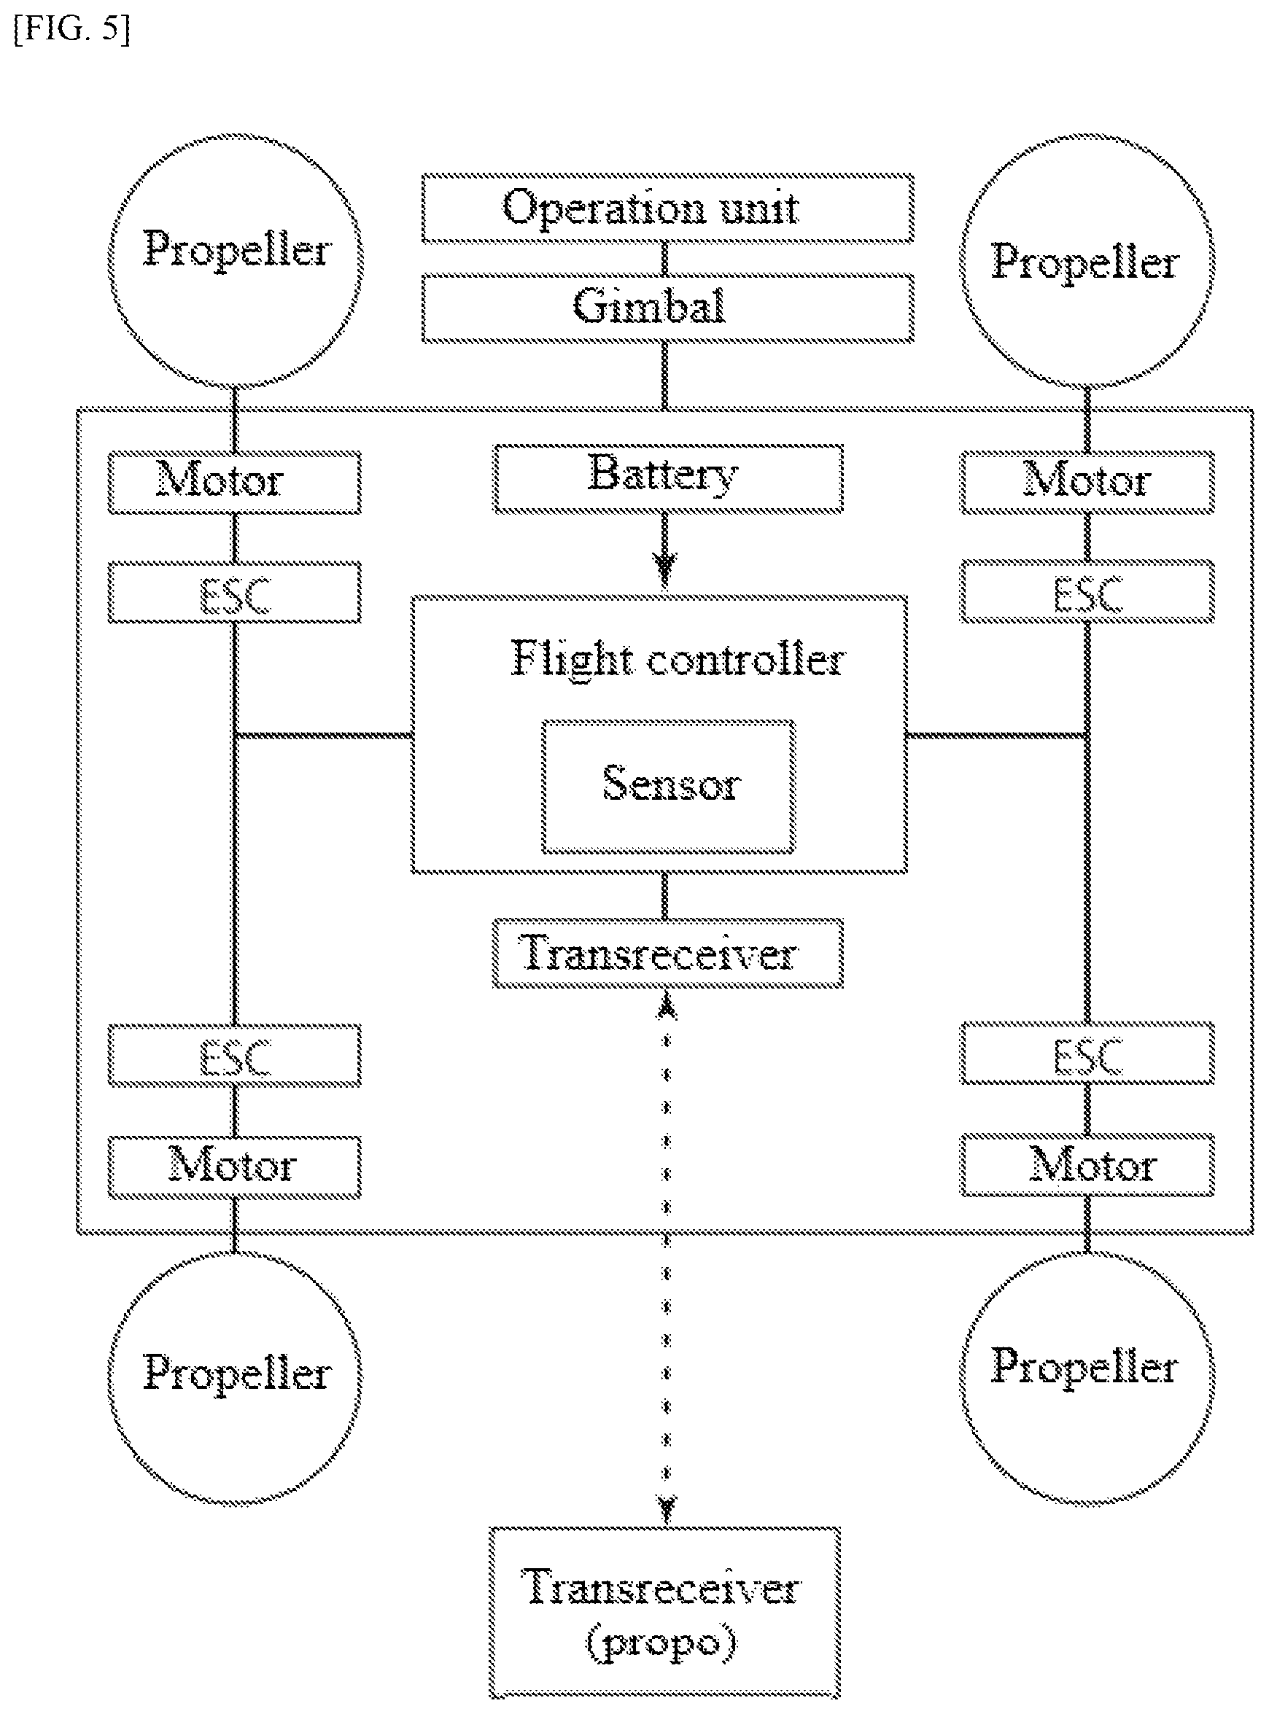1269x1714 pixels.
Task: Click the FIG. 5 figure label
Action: point(72,30)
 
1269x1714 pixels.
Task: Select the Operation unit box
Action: point(667,208)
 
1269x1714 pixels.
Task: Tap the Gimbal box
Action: point(667,308)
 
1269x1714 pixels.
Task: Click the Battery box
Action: point(667,478)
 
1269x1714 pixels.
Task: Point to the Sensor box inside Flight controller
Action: point(668,787)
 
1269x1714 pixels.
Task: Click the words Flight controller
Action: point(678,659)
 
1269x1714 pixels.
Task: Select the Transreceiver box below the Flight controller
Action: point(667,953)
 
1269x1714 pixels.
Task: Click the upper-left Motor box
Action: point(234,482)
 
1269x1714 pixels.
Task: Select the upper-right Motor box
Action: point(1087,482)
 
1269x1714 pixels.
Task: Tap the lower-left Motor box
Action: point(234,1167)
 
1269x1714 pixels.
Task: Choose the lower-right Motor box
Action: point(1087,1165)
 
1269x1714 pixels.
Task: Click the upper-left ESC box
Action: point(234,592)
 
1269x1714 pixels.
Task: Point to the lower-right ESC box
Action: point(1087,1053)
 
